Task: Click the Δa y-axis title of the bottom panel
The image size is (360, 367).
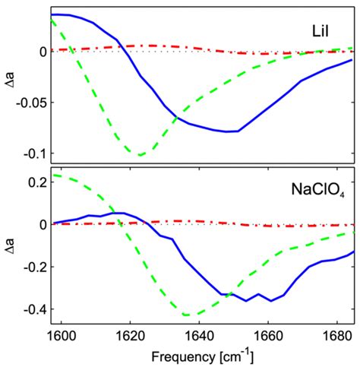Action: (x=9, y=247)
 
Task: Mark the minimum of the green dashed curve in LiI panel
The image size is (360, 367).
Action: (x=141, y=154)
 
